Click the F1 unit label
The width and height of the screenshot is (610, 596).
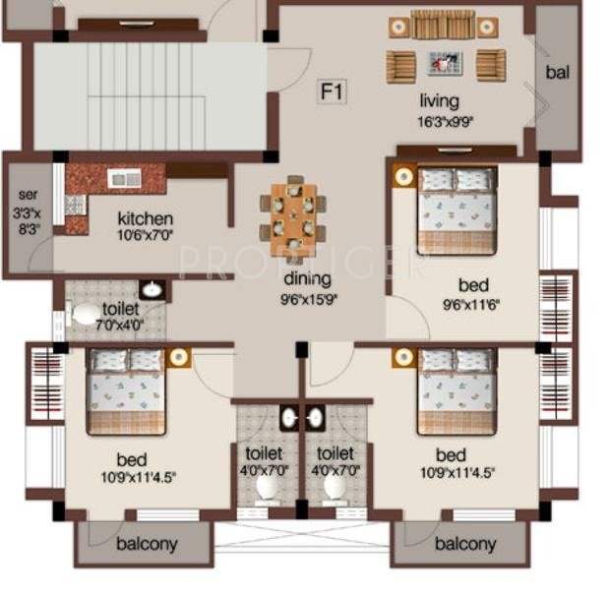(x=333, y=92)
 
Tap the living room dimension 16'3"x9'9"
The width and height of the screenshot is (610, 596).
(x=439, y=122)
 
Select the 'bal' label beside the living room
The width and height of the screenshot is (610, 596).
(x=558, y=72)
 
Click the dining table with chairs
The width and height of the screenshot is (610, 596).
(x=293, y=214)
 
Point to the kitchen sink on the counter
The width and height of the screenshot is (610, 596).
(x=124, y=178)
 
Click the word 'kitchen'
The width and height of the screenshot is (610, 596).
(x=146, y=218)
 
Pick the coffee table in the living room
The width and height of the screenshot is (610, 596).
(x=443, y=64)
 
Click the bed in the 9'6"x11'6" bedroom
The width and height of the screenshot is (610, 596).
(x=456, y=210)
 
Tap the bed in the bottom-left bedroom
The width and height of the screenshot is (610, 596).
(x=125, y=390)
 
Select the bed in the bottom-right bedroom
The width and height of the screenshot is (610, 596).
(x=456, y=390)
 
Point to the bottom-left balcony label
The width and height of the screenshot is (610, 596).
(x=148, y=544)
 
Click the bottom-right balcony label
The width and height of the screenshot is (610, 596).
(x=464, y=544)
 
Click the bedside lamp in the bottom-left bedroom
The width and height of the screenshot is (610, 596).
(x=179, y=357)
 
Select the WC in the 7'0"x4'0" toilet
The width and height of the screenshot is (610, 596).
(x=87, y=313)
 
